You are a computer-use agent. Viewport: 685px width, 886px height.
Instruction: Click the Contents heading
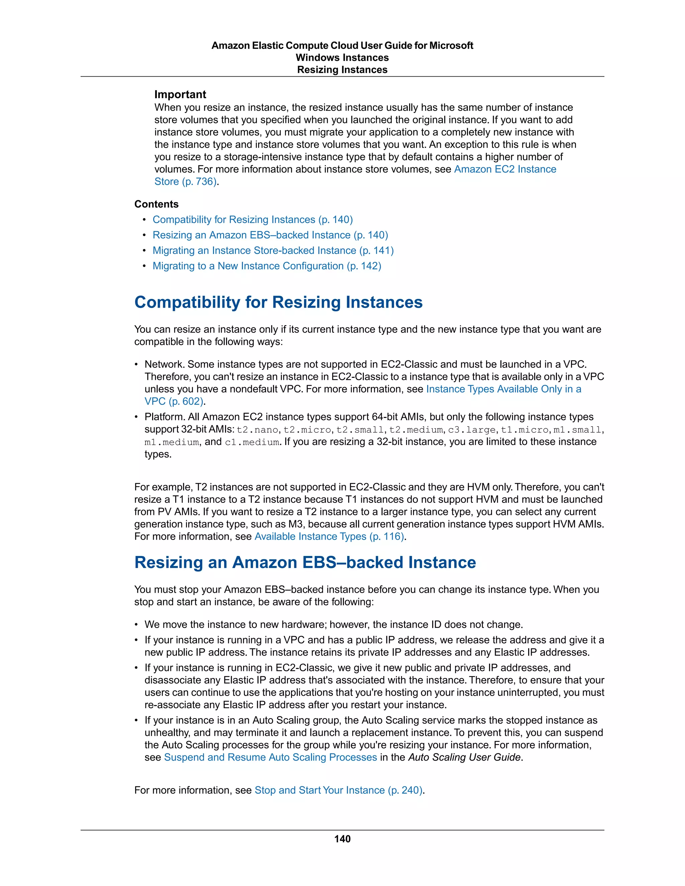pyautogui.click(x=156, y=204)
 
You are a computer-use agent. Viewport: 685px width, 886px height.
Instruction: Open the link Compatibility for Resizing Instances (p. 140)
pyautogui.click(x=253, y=219)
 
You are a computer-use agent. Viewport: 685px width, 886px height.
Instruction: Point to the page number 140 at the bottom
pyautogui.click(x=342, y=839)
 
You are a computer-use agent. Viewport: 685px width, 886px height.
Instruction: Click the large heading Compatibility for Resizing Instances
pyautogui.click(x=278, y=302)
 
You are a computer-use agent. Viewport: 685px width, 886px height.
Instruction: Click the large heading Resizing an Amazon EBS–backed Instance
pyautogui.click(x=305, y=562)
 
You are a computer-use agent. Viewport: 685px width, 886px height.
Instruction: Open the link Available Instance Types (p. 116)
pyautogui.click(x=329, y=536)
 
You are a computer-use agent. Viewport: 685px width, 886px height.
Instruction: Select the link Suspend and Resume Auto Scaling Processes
pyautogui.click(x=270, y=757)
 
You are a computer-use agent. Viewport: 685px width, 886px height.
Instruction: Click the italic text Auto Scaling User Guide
pyautogui.click(x=464, y=757)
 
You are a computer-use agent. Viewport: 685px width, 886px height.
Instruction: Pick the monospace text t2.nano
pyautogui.click(x=257, y=430)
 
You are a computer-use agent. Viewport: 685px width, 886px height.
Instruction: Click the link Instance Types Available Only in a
pyautogui.click(x=503, y=389)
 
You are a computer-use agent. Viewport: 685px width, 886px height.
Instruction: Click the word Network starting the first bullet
pyautogui.click(x=164, y=364)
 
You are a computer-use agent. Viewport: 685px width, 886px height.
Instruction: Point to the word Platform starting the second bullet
pyautogui.click(x=163, y=417)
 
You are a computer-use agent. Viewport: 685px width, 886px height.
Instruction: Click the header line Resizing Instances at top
pyautogui.click(x=342, y=70)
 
